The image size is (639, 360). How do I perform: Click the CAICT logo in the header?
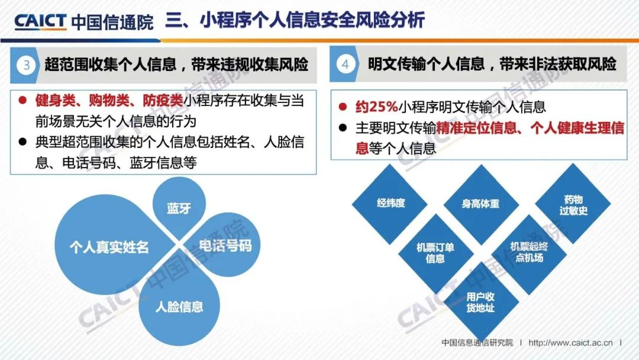[x=40, y=21]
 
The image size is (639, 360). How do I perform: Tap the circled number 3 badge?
[x=27, y=65]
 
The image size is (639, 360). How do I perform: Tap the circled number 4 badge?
[x=345, y=64]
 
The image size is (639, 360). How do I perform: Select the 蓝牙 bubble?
[x=179, y=207]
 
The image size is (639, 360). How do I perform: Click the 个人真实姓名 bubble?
[x=109, y=246]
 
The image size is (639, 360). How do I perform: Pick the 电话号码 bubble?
[x=224, y=246]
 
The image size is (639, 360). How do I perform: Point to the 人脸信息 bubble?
[x=179, y=307]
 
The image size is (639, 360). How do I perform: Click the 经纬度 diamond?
[x=390, y=203]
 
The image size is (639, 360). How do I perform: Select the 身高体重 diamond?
[x=481, y=204]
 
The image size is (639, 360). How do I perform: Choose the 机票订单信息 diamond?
[x=435, y=253]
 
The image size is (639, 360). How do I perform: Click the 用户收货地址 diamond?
[x=481, y=303]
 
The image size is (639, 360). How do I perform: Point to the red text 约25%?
[x=376, y=107]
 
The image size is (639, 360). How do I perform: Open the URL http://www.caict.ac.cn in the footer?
[x=570, y=342]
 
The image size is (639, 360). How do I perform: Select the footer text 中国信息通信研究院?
[x=477, y=342]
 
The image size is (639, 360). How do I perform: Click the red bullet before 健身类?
[x=22, y=100]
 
